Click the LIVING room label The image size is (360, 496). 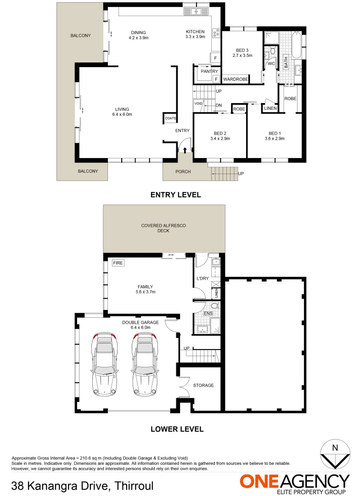coord(123,109)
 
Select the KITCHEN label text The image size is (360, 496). coord(195,32)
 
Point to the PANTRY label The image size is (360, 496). coord(209,72)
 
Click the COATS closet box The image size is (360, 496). coord(169,118)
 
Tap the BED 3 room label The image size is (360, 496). coord(242,50)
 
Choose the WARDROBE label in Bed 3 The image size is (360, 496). coord(235,79)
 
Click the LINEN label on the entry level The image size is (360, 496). coord(270,108)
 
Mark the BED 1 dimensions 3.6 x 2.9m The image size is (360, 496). coord(275,138)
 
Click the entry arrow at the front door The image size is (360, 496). coord(185,150)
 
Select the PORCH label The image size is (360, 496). coord(183,172)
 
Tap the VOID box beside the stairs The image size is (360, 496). coord(198,103)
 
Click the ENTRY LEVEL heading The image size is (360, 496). coord(175,195)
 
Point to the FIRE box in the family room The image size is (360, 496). coord(118,263)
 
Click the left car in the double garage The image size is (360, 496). coord(104,364)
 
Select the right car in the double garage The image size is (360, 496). coord(144,364)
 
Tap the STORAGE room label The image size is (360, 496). coord(203,385)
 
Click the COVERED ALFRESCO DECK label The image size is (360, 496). coord(163,228)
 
